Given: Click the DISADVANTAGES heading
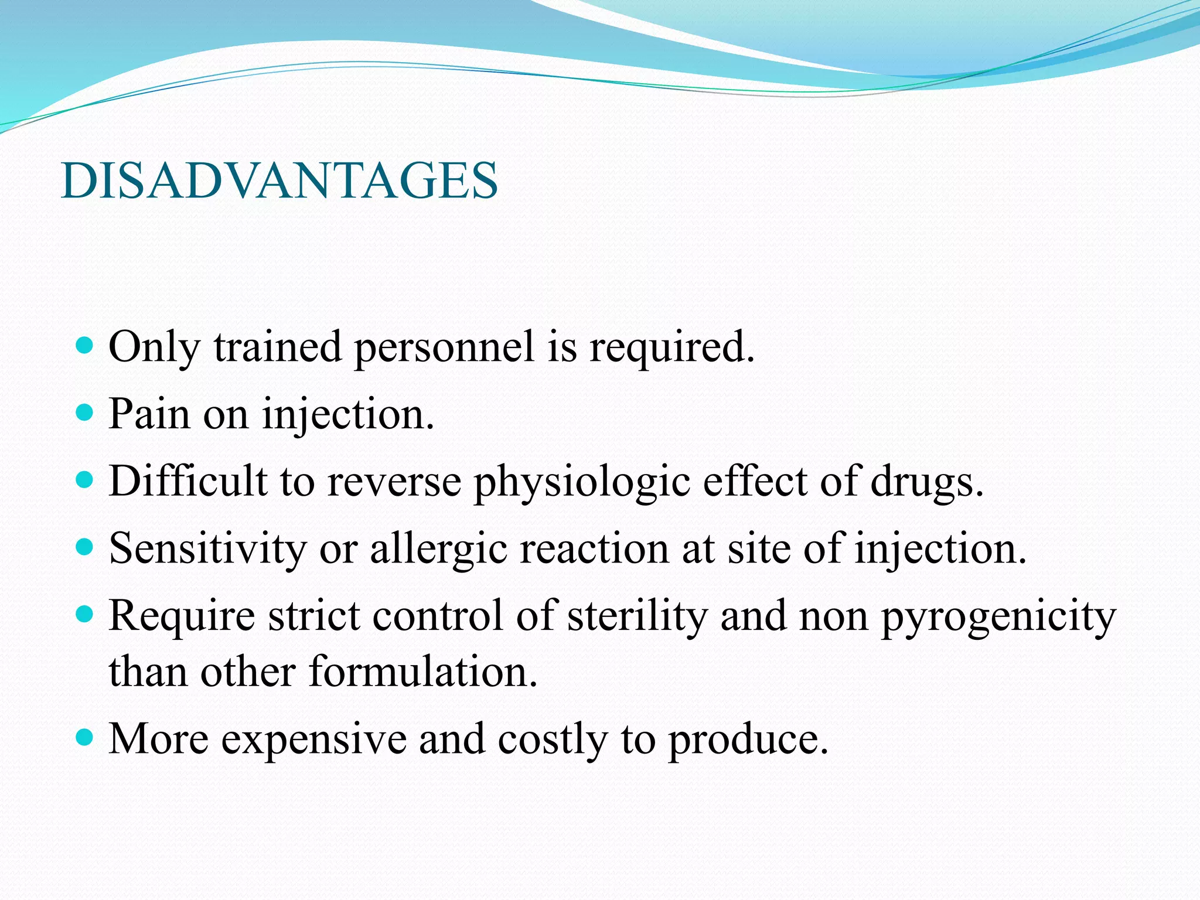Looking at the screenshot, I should point(279,180).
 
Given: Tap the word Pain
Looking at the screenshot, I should point(150,414).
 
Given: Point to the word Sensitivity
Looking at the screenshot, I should point(208,549).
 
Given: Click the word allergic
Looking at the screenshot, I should point(438,549).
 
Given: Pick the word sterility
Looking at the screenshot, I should point(637,616).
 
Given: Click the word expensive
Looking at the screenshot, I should point(314,739).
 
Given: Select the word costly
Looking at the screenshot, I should point(553,739).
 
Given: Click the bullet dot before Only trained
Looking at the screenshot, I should point(85,346).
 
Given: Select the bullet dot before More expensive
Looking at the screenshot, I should point(85,738).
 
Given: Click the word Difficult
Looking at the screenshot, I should point(188,481).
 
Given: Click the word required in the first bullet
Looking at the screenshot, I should point(671,348).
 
